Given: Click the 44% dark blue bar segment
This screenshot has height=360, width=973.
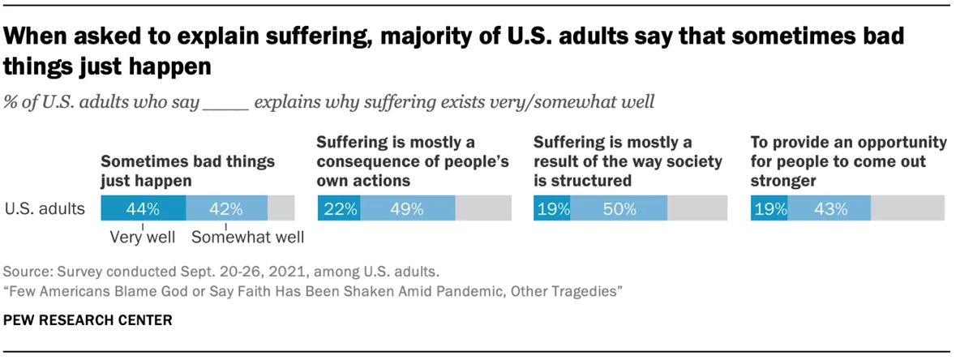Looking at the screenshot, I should click(143, 208).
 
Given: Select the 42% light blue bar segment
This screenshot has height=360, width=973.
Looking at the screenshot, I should click(226, 208).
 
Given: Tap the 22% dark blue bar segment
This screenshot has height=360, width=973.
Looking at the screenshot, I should click(339, 208).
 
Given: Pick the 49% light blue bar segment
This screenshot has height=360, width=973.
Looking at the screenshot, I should click(407, 208).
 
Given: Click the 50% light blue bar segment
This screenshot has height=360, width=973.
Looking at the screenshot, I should click(619, 208).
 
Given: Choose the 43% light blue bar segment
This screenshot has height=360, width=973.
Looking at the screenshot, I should click(829, 208).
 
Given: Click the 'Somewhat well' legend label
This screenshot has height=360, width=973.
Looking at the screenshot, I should click(247, 238).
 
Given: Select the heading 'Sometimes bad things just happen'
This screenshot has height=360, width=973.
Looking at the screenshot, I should click(187, 170).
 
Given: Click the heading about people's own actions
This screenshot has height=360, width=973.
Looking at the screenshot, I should click(412, 161).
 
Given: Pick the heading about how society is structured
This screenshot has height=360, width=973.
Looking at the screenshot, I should click(627, 161).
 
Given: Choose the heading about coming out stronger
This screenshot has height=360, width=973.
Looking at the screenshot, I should click(848, 161).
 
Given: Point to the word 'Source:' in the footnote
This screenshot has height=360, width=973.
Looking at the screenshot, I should click(25, 271).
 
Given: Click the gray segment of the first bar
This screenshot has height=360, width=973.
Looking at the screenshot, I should click(281, 208).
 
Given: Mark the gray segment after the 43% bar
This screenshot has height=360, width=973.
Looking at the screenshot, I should click(907, 208).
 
